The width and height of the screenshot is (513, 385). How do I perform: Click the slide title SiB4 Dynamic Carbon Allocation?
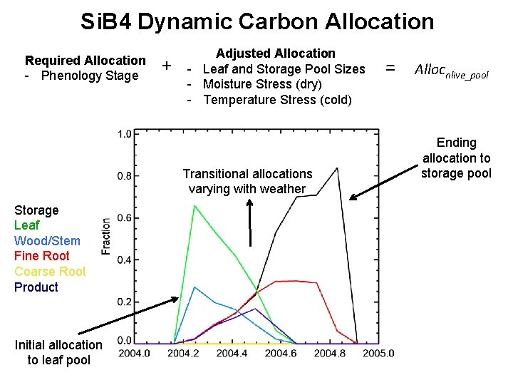256,21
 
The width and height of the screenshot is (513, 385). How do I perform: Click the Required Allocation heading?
85,61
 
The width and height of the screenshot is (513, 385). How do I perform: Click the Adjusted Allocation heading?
275,53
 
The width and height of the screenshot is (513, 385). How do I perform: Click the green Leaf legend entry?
27,225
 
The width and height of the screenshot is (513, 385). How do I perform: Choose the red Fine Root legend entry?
41,256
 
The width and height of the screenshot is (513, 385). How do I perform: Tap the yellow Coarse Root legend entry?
50,272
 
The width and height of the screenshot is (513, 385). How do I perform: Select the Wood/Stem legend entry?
47,241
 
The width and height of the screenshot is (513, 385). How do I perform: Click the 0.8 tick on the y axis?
124,175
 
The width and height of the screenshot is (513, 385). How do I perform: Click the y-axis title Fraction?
106,236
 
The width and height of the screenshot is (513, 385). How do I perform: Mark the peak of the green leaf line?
195,206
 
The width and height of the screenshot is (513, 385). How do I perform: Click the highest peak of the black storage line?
337,168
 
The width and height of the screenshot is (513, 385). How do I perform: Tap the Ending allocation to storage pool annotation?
456,158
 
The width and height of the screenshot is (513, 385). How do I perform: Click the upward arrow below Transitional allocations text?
250,221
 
